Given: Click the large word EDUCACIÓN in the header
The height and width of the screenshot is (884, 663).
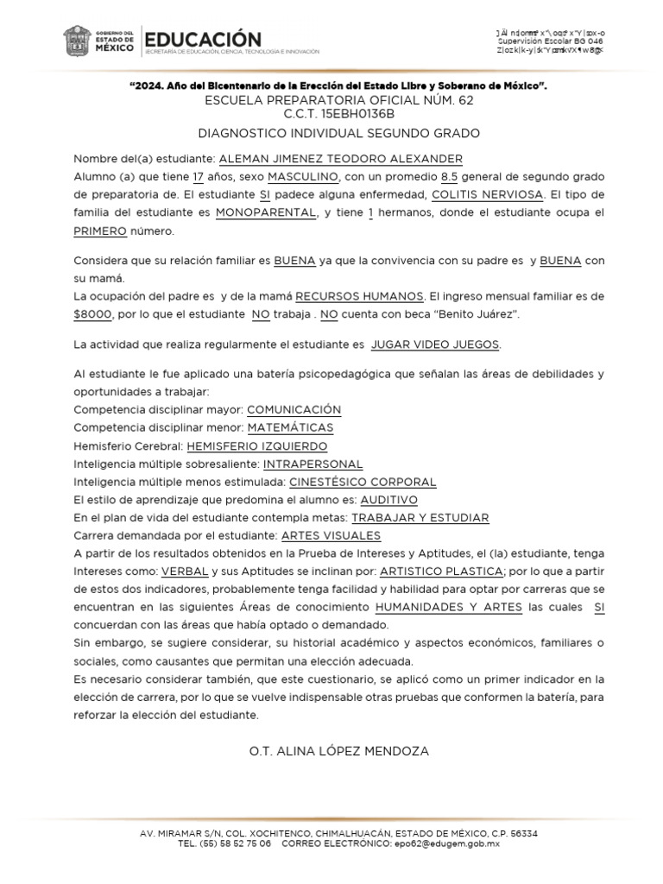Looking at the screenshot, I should (x=202, y=39).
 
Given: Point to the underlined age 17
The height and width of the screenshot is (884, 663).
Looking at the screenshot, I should (x=199, y=176).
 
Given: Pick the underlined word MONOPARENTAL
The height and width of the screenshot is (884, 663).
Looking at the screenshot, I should (x=265, y=212).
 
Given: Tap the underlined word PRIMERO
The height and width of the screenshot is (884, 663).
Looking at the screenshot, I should (x=100, y=230).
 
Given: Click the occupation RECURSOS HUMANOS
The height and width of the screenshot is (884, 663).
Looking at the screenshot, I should (x=369, y=296).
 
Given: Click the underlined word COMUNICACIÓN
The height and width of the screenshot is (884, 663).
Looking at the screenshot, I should (x=294, y=409).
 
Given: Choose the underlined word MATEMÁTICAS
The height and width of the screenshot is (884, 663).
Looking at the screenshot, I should (x=290, y=427).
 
